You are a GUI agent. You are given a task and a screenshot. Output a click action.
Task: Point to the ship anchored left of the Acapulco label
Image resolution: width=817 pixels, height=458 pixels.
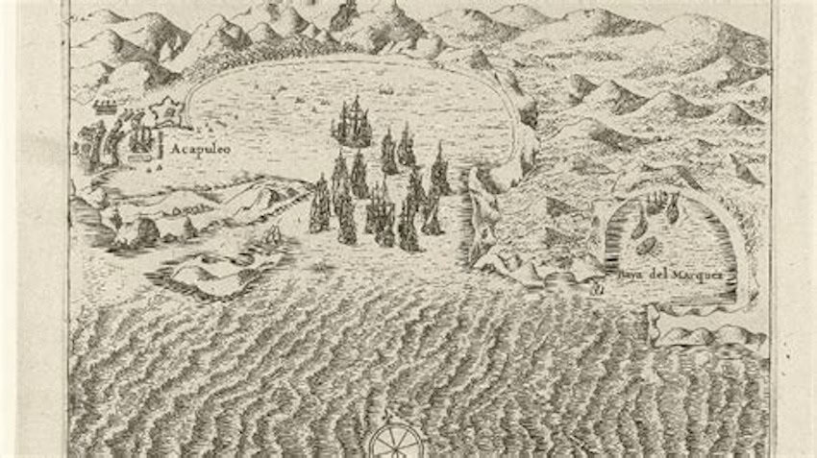point(141,139)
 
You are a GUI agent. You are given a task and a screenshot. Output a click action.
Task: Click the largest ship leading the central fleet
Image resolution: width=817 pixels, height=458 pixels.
point(352,123)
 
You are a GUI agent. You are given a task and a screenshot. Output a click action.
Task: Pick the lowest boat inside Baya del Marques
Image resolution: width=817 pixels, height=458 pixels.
point(648,246)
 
